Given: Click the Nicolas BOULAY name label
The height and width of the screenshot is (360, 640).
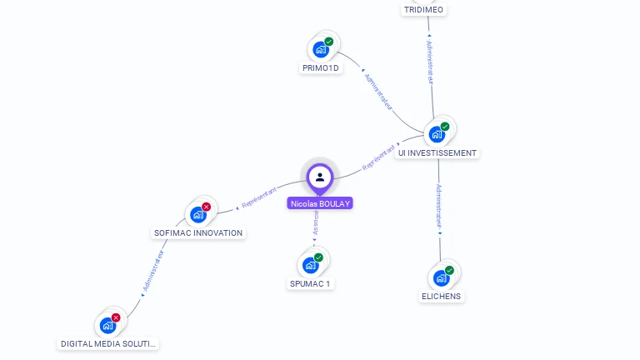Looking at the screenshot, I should [320, 203].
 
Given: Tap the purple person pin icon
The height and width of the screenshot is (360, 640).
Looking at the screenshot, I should [320, 177].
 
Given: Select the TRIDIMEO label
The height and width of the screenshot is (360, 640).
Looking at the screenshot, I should [423, 10].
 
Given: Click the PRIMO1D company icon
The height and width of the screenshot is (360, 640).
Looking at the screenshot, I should [321, 49].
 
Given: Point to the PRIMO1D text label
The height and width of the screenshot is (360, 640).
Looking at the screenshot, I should [321, 68].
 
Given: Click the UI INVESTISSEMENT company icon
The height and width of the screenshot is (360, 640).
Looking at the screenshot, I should [437, 134].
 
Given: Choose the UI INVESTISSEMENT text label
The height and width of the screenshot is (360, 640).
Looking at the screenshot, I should [437, 153].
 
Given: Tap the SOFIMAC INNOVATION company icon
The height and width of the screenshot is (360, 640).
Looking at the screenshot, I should [198, 214].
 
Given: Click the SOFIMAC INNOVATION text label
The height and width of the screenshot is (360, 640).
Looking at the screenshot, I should [198, 232].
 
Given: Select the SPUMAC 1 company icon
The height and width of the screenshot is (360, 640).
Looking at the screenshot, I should [311, 265].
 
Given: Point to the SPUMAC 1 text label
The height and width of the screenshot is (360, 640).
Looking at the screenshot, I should [310, 284].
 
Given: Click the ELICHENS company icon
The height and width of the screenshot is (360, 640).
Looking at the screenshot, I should [441, 277].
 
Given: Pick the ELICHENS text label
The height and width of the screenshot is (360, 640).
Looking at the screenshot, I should [441, 297].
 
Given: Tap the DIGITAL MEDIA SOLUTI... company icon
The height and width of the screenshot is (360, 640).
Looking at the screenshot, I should [108, 325].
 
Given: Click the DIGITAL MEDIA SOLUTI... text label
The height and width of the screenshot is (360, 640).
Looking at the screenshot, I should [108, 343].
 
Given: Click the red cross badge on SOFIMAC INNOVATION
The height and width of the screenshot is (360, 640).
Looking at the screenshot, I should [206, 207].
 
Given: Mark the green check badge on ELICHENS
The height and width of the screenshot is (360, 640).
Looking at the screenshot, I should [449, 270].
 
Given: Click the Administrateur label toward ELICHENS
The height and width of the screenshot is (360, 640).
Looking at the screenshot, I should [440, 207].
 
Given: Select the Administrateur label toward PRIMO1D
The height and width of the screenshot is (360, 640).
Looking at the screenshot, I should [378, 91].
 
